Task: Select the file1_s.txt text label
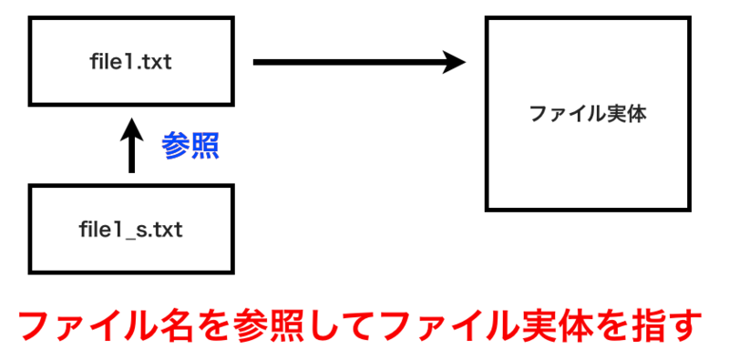tap(130, 229)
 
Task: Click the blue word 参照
tap(190, 146)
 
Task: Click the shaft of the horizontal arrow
tap(346, 62)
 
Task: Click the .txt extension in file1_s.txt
tap(165, 229)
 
